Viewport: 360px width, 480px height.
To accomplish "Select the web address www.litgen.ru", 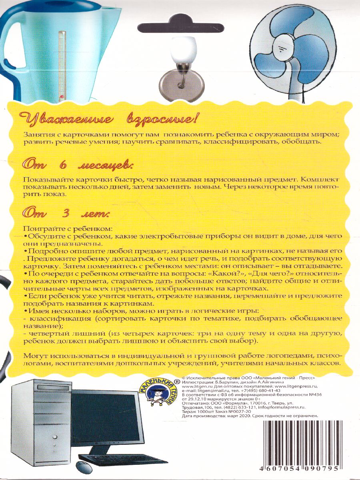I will point(195,387).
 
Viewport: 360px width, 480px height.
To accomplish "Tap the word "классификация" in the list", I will point(50,318).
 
